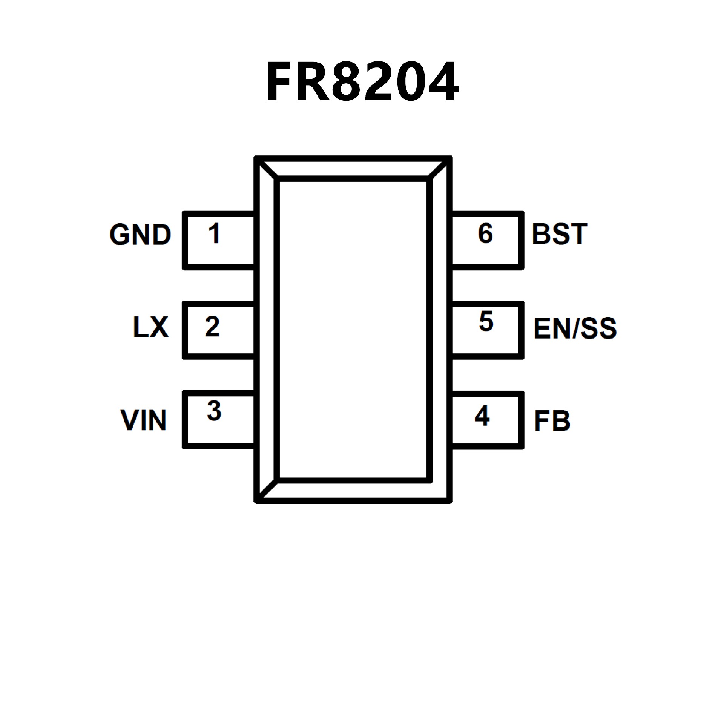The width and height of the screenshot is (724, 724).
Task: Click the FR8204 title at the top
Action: click(362, 82)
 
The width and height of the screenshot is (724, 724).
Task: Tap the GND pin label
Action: click(140, 235)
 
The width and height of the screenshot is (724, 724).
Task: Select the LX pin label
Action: click(151, 327)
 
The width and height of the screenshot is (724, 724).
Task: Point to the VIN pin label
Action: click(144, 420)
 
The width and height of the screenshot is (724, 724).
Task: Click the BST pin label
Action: click(560, 234)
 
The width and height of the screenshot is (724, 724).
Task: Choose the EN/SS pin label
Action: click(575, 328)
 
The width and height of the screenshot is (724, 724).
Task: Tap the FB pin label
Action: click(552, 420)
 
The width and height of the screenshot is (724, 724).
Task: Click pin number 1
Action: click(214, 233)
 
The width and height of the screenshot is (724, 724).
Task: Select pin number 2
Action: click(212, 326)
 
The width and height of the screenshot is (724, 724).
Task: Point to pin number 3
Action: click(214, 411)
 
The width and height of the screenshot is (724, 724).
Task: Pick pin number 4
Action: click(482, 416)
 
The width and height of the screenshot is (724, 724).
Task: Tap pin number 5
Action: click(486, 322)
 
